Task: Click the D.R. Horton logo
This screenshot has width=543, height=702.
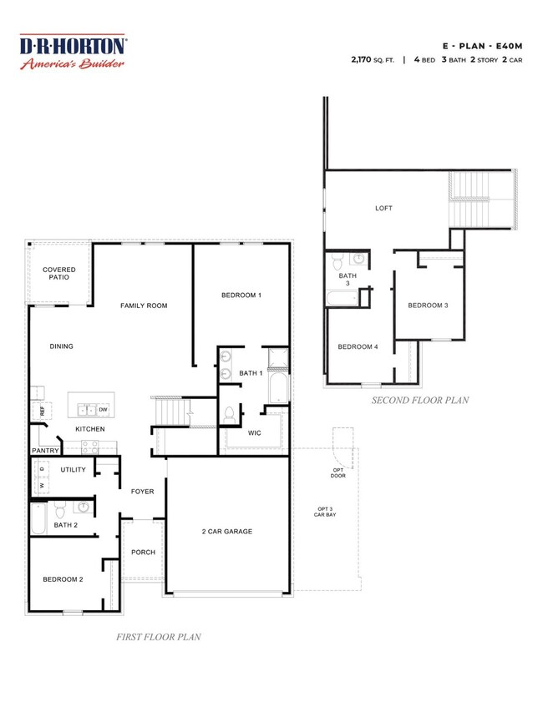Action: (73, 53)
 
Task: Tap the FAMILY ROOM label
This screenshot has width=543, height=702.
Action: (144, 306)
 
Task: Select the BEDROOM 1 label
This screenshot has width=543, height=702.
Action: (241, 295)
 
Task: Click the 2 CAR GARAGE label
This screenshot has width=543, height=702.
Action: (226, 531)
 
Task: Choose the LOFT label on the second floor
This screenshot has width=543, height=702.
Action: (383, 209)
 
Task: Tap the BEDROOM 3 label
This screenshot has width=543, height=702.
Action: (428, 306)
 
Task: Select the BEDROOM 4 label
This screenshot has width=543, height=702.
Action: (358, 347)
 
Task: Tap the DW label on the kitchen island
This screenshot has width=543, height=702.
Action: (103, 410)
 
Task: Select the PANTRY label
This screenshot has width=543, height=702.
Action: (44, 450)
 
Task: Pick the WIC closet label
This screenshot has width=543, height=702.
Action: (256, 433)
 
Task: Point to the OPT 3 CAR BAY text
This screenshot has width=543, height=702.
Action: (324, 513)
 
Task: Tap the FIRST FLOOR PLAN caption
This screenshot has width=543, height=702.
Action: (157, 637)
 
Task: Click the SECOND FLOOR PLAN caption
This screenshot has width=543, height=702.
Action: (419, 401)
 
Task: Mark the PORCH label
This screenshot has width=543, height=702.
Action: (143, 552)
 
